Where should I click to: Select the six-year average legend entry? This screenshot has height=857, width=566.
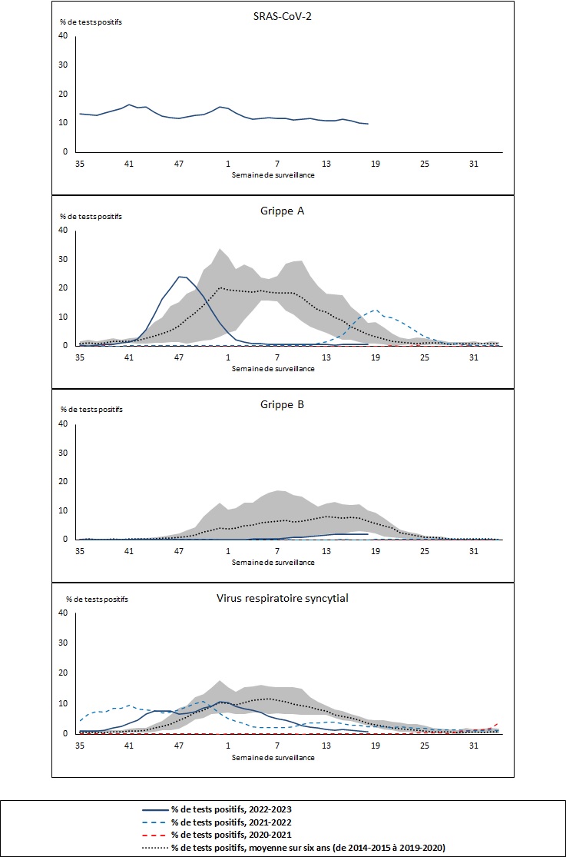(291, 847)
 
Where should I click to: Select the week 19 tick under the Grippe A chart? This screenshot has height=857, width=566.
(376, 358)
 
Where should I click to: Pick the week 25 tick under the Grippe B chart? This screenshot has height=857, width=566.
(425, 552)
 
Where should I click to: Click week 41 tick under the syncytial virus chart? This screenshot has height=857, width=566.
(129, 746)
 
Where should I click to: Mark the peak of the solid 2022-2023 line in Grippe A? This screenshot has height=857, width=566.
(181, 276)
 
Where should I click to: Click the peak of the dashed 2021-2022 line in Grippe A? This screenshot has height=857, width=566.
(374, 311)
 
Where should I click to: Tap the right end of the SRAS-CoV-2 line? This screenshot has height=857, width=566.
(368, 124)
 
